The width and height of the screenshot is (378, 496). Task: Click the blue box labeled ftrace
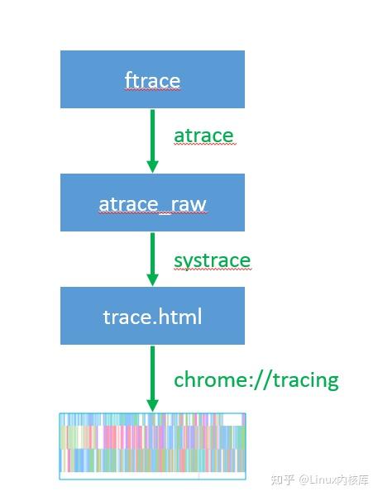click(x=152, y=79)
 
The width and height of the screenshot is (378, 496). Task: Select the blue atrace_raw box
click(x=152, y=203)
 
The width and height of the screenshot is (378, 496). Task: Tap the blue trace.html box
click(x=152, y=316)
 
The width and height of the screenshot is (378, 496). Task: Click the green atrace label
click(x=203, y=136)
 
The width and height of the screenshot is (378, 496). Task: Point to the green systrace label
click(x=212, y=260)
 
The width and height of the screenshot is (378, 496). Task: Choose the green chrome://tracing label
click(x=256, y=379)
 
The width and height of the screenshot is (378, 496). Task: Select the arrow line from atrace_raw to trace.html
click(x=152, y=255)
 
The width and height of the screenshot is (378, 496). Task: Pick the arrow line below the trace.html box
click(x=152, y=372)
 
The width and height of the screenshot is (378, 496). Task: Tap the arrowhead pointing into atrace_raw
click(x=152, y=166)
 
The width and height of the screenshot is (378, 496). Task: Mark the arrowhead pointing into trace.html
click(x=152, y=279)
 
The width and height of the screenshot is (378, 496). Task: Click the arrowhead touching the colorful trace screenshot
click(x=152, y=405)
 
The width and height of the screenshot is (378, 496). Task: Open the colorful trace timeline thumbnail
click(x=152, y=446)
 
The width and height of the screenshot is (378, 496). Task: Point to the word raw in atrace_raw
click(x=188, y=203)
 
